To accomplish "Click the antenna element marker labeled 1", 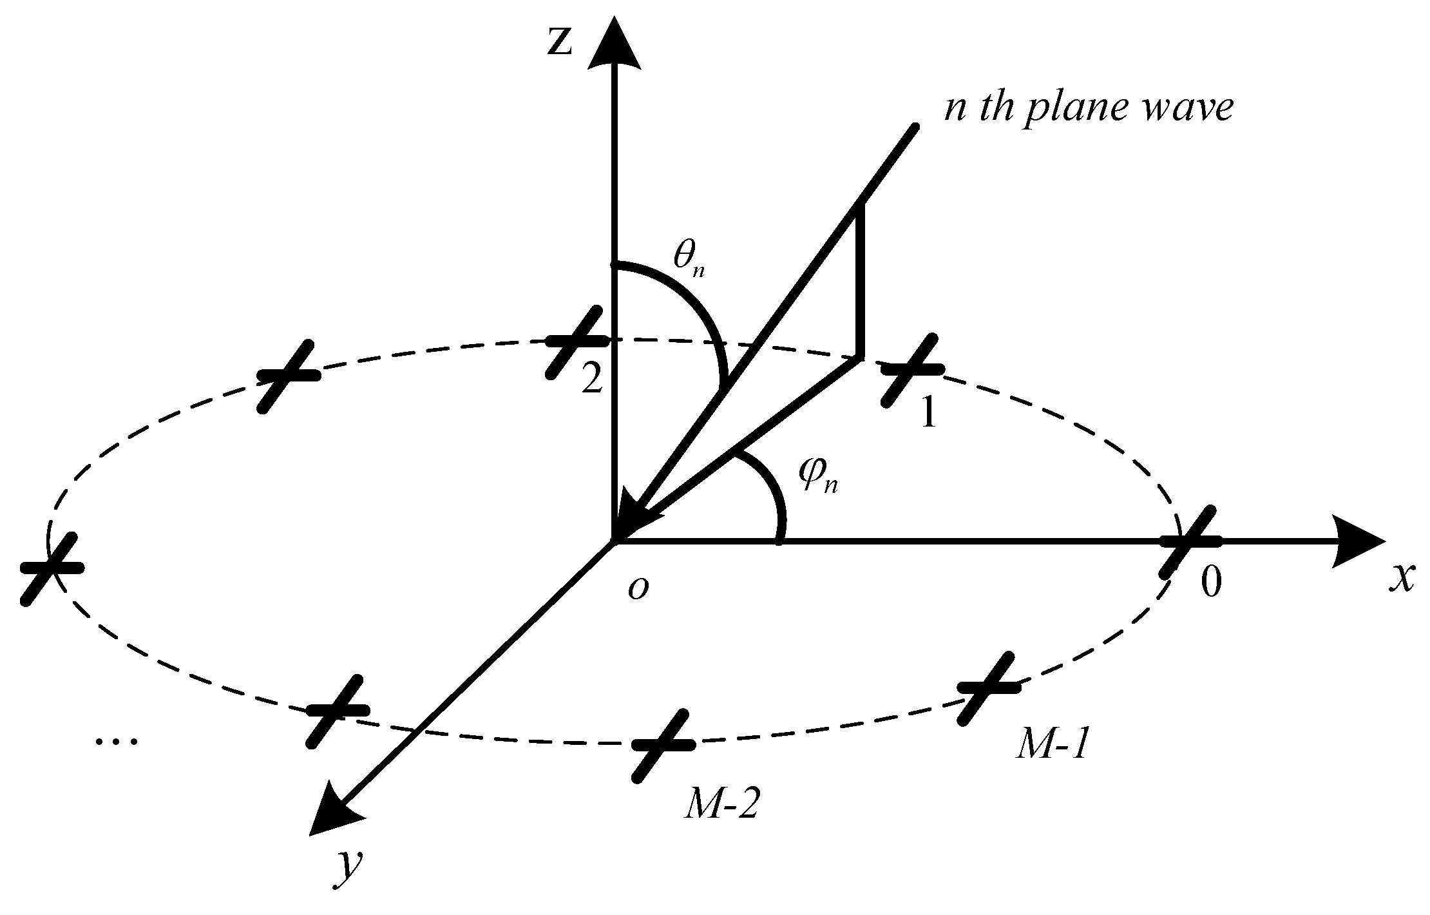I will [x=911, y=370].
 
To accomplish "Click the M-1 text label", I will [x=1051, y=747].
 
